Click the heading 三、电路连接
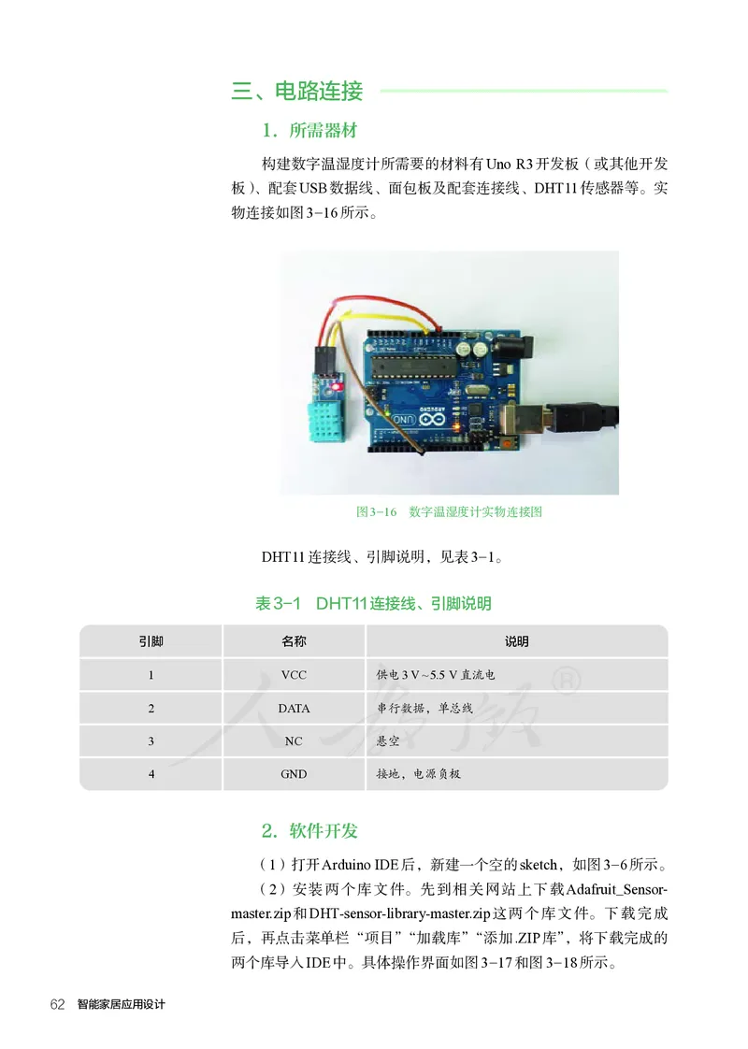[x=297, y=91]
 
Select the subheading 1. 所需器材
[x=309, y=129]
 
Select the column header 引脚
[x=151, y=641]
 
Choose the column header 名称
[x=294, y=641]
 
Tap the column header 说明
[x=516, y=641]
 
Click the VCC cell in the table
[x=294, y=674]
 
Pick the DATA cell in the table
[x=294, y=708]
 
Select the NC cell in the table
[x=294, y=741]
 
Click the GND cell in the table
[x=294, y=774]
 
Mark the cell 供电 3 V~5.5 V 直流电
[x=435, y=674]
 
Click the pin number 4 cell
[x=151, y=774]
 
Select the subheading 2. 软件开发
[x=309, y=830]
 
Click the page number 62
[x=57, y=1004]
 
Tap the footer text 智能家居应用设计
[x=121, y=1004]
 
